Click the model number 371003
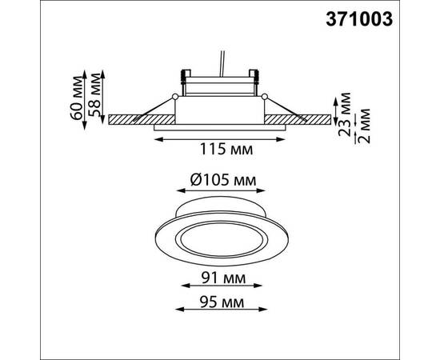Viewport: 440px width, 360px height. click(359, 20)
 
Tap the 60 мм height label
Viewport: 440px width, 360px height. click(77, 98)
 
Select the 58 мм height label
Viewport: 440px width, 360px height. click(94, 94)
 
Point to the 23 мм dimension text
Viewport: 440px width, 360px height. click(344, 114)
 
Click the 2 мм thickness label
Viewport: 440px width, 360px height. click(364, 126)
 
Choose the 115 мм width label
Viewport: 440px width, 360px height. click(226, 150)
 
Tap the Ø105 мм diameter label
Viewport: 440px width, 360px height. click(223, 181)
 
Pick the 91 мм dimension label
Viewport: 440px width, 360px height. click(223, 278)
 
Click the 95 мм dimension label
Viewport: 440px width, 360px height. click(222, 302)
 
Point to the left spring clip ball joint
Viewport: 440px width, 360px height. click(175, 97)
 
